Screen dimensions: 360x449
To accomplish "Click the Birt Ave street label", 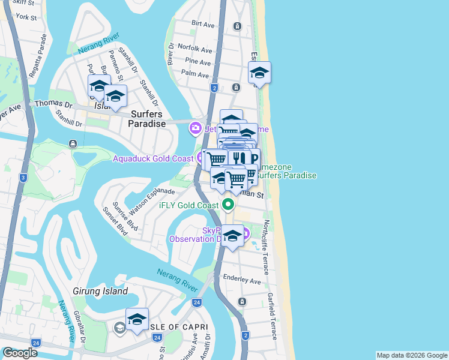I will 203,25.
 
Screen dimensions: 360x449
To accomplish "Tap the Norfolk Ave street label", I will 199,50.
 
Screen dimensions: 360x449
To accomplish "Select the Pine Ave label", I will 198,62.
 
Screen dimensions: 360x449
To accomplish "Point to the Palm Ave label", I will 194,75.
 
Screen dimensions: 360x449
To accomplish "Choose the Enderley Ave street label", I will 242,281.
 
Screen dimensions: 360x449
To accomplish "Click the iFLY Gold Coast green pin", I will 228,205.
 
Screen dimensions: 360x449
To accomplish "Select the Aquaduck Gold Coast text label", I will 153,158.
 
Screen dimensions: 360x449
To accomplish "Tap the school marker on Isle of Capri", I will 137,319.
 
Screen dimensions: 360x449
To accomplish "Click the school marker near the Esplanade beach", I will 259,73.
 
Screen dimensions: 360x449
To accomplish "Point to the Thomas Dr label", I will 53,104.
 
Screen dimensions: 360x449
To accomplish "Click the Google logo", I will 20,353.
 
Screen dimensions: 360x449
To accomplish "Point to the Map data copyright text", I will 411,355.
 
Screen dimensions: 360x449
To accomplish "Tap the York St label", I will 27,17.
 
